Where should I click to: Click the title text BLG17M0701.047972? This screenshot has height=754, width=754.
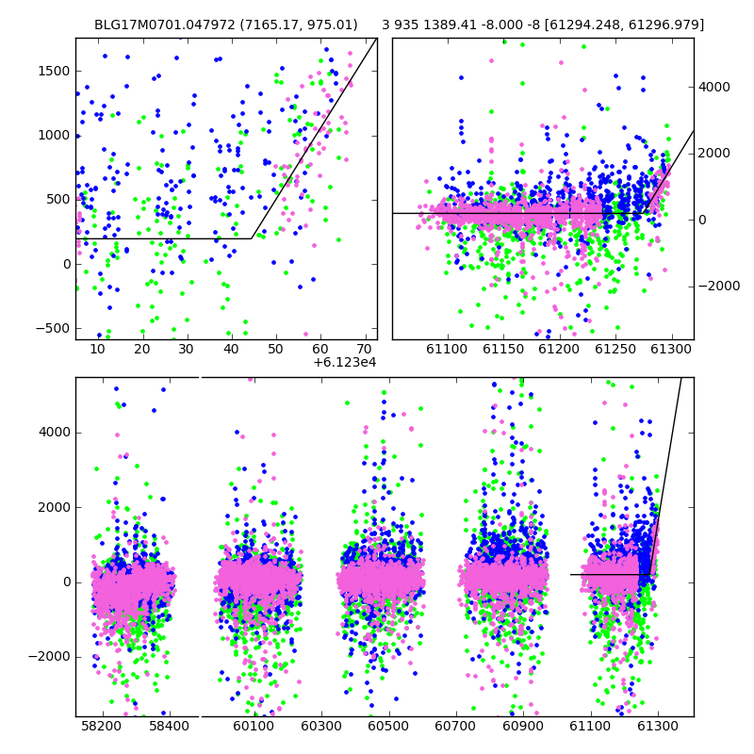pyautogui.click(x=164, y=25)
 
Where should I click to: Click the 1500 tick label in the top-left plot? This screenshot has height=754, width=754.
pyautogui.click(x=54, y=72)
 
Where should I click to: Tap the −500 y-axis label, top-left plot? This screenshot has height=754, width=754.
pyautogui.click(x=53, y=328)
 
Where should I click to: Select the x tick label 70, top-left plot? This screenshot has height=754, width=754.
pyautogui.click(x=365, y=349)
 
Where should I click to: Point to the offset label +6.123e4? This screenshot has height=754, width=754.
pyautogui.click(x=345, y=362)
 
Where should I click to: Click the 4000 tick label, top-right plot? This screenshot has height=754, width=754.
pyautogui.click(x=714, y=87)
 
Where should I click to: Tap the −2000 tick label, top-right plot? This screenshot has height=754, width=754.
pyautogui.click(x=719, y=287)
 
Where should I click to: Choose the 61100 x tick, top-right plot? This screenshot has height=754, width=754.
pyautogui.click(x=447, y=349)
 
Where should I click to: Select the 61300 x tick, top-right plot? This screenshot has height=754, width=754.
pyautogui.click(x=671, y=349)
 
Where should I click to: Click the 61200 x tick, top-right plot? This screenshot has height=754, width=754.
pyautogui.click(x=559, y=349)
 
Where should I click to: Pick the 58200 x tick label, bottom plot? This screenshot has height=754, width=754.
pyautogui.click(x=102, y=726)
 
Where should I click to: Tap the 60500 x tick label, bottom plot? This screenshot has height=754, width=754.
pyautogui.click(x=388, y=726)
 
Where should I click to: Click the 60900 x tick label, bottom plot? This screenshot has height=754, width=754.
pyautogui.click(x=523, y=726)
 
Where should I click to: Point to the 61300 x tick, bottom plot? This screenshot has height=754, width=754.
pyautogui.click(x=657, y=726)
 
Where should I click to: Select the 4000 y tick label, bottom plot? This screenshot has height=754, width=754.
pyautogui.click(x=55, y=433)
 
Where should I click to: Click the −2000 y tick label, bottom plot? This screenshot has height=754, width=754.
pyautogui.click(x=50, y=657)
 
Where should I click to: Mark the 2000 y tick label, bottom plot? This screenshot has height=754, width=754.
pyautogui.click(x=55, y=507)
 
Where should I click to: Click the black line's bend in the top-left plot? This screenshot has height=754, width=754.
pyautogui.click(x=252, y=238)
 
